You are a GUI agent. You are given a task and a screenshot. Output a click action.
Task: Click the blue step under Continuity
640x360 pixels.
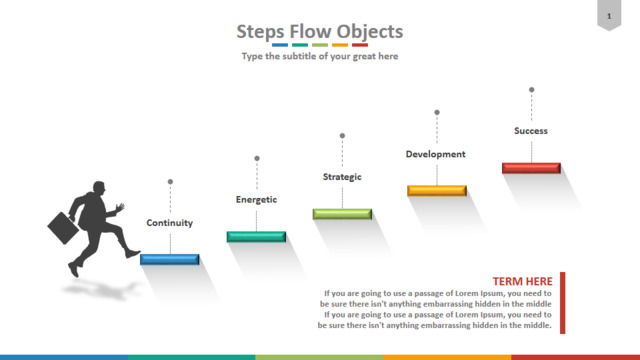[x=169, y=259]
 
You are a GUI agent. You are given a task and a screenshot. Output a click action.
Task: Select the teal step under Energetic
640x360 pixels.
[x=256, y=237]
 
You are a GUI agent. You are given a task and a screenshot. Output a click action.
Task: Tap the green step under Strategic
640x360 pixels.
[x=342, y=214]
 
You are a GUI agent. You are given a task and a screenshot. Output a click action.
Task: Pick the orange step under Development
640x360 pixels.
[x=437, y=191]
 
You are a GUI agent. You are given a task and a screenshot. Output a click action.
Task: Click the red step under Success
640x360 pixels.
[x=531, y=168]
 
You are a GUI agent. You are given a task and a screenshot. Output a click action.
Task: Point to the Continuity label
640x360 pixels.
[x=169, y=223]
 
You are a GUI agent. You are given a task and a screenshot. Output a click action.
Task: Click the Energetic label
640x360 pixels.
[x=256, y=200]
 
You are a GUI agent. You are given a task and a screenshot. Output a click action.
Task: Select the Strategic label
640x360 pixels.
[x=342, y=177]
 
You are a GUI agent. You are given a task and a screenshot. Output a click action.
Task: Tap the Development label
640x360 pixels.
[x=436, y=154]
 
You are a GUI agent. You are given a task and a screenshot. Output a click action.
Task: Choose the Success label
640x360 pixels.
[x=531, y=131]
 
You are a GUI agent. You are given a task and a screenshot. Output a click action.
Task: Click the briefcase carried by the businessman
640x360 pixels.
[x=63, y=228]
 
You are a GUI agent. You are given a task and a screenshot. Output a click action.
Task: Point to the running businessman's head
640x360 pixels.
[x=99, y=188]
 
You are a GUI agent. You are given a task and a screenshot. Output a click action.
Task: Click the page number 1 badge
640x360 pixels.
[x=609, y=16]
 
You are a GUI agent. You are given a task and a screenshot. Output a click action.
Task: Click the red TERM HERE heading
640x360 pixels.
[x=522, y=281]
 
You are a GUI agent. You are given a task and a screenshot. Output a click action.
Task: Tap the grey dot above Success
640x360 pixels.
[x=531, y=90]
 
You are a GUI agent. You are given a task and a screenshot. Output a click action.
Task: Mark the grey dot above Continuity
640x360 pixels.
[x=170, y=182]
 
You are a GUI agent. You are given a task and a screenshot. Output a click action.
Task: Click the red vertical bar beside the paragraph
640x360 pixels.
[x=562, y=303]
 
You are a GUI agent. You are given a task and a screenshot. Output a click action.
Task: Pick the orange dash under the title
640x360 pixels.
[x=340, y=45]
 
